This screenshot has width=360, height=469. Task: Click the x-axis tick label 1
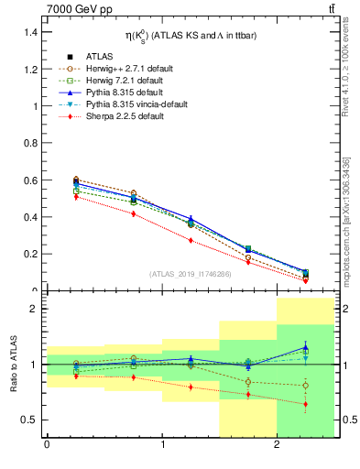[162, 446]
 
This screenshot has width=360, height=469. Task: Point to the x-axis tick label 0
[47, 446]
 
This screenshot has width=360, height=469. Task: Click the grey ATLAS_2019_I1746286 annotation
[191, 274]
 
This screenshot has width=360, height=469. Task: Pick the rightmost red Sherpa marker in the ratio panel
[306, 404]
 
